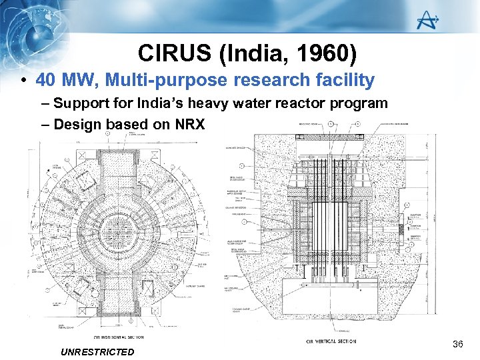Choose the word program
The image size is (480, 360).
coord(359,103)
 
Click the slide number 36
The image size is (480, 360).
coord(457,344)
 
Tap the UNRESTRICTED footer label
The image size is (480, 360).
coord(97,351)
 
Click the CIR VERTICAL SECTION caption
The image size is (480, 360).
coord(331,341)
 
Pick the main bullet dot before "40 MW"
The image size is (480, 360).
coord(23,81)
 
